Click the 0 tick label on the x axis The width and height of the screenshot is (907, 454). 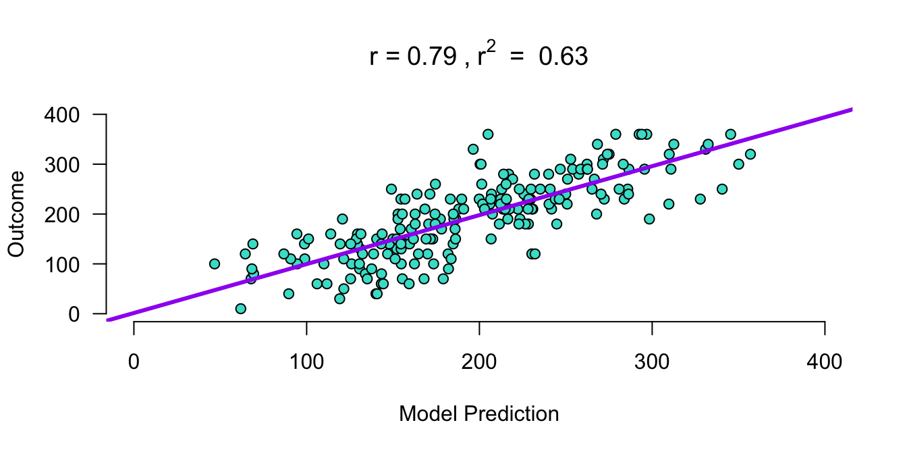134,363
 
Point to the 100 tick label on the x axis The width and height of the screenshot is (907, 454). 306,363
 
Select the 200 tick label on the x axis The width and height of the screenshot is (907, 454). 479,363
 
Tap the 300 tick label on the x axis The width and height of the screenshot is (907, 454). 652,363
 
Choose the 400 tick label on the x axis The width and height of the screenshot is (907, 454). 825,363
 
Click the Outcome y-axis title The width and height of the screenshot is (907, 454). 17,214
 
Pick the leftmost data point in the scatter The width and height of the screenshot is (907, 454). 215,263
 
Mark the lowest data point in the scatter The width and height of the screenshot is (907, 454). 241,309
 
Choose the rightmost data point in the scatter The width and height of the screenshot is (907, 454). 750,154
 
